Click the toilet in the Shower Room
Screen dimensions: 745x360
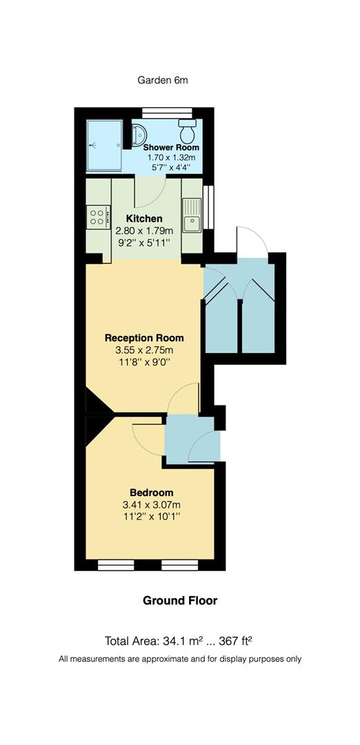point(186,129)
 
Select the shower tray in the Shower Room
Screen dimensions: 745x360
point(104,146)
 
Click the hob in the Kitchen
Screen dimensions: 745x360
point(97,218)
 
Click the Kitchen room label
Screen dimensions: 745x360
point(144,219)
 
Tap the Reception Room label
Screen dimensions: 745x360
point(144,338)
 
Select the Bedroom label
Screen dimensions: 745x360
point(151,493)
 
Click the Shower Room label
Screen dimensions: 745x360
point(171,148)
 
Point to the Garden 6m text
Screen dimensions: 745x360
point(163,80)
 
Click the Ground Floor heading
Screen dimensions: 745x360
point(180,601)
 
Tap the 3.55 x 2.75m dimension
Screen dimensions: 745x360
point(144,350)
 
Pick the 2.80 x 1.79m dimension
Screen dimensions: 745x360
point(144,230)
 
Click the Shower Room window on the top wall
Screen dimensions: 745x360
point(166,111)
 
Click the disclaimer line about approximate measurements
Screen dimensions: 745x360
point(180,659)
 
